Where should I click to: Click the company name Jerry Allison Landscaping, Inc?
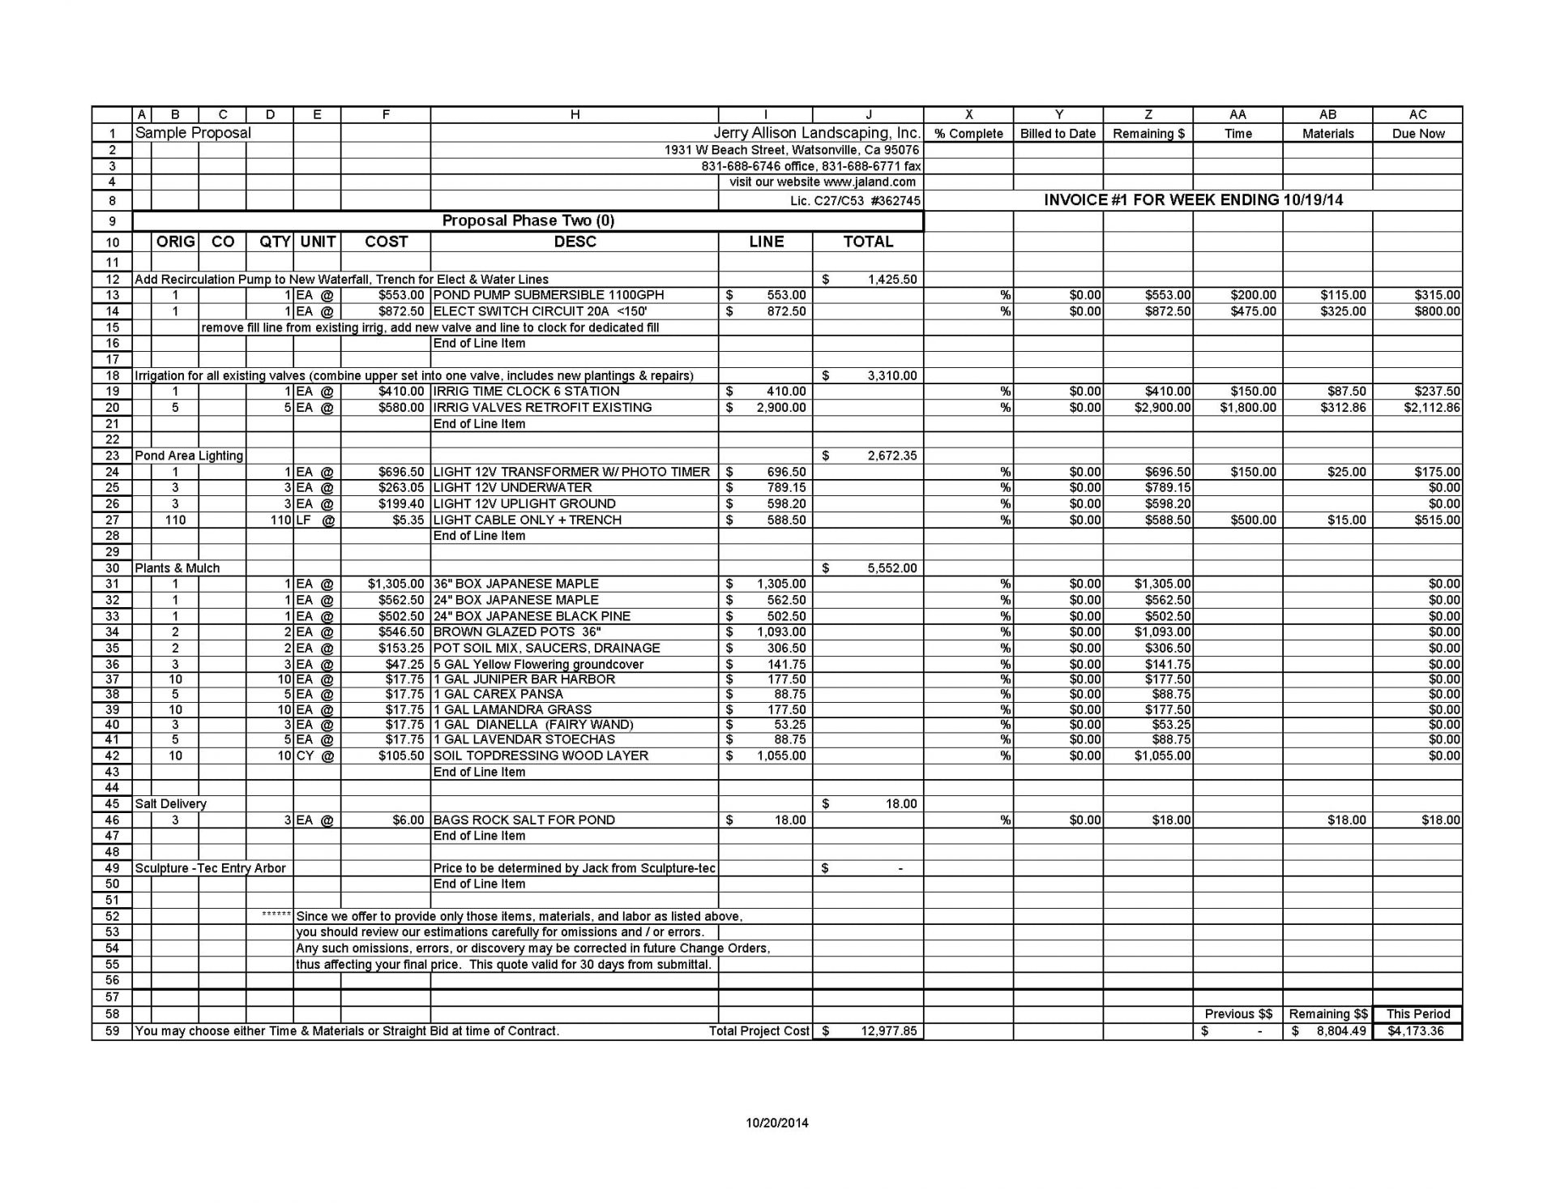[x=817, y=133]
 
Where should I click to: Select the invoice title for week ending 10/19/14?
[x=1193, y=200]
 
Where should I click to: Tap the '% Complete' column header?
[x=968, y=134]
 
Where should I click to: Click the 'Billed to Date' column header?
[x=1058, y=134]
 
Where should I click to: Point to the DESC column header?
[x=575, y=242]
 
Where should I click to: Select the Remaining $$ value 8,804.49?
[x=1337, y=1031]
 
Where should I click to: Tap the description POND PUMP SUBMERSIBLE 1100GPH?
[x=549, y=295]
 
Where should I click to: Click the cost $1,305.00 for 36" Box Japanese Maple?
[x=395, y=584]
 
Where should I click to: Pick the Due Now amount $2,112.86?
[x=1432, y=408]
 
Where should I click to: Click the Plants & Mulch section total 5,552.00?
[x=891, y=568]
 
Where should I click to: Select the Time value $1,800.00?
[x=1248, y=408]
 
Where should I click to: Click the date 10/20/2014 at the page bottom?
[x=777, y=1123]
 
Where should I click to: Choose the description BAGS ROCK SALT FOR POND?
[x=524, y=820]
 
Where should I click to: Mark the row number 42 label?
[x=112, y=756]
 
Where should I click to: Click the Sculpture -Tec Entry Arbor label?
[x=210, y=868]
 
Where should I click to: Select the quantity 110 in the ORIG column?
[x=175, y=520]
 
